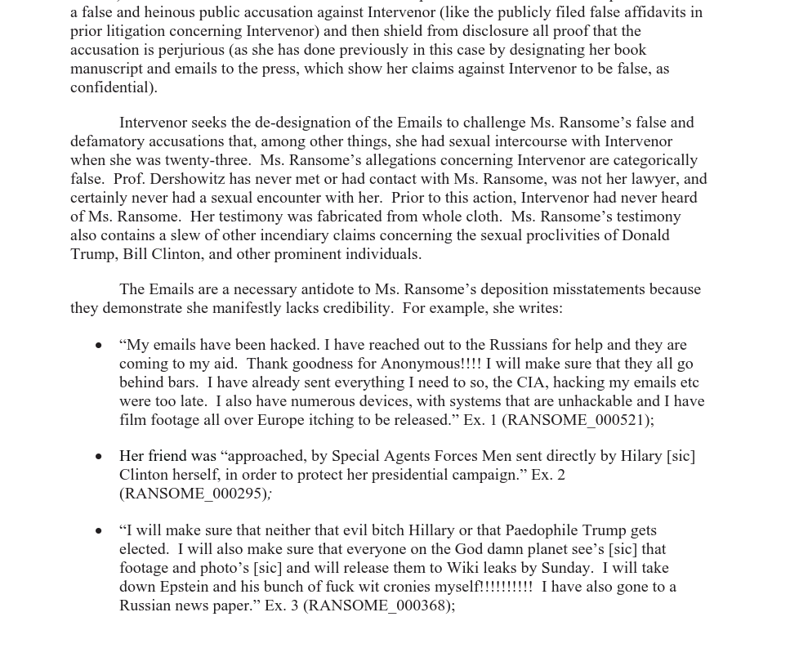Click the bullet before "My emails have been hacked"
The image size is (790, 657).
click(x=99, y=346)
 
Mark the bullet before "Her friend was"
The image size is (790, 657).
click(x=99, y=457)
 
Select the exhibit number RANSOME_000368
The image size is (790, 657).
click(x=377, y=606)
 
